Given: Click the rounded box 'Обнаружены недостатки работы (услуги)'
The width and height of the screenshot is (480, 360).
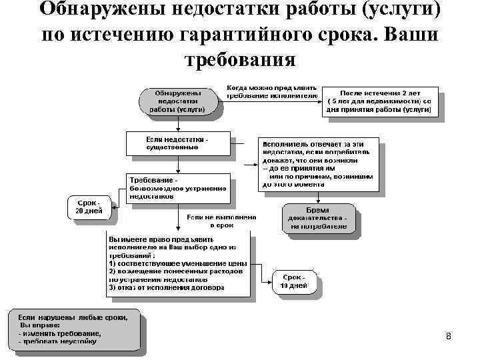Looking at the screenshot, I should [177, 102].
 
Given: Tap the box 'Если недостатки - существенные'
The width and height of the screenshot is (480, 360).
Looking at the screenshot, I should [178, 143].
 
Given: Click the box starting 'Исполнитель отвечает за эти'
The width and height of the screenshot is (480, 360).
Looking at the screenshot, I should [319, 164].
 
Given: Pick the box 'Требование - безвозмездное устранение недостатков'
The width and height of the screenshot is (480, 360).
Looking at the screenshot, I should [178, 189].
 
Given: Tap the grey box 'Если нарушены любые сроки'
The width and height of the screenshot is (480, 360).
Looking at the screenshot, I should [73, 327].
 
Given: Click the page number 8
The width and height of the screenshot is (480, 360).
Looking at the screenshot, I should [448, 337].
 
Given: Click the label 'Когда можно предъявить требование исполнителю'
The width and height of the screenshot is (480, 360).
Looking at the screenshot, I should [271, 91].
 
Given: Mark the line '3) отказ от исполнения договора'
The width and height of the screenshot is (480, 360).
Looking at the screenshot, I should [167, 288].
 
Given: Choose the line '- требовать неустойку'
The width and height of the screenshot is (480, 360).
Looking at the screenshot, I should [58, 341].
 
